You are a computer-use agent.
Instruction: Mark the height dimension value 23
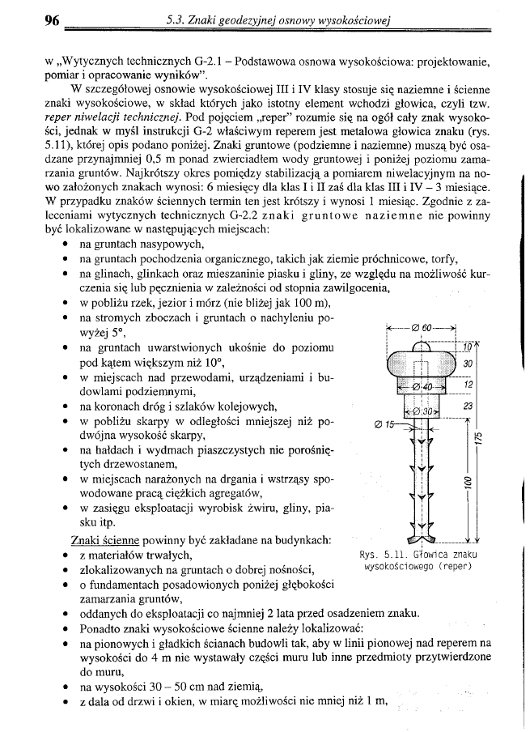tap(467, 406)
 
